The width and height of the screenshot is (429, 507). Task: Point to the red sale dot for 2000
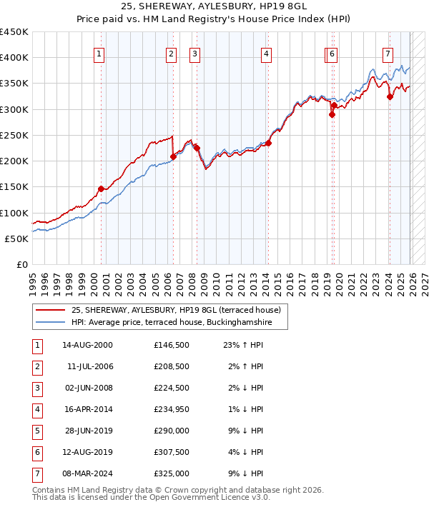101,189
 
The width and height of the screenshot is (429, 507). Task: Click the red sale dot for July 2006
173,156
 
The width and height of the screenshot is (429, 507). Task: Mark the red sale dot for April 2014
268,143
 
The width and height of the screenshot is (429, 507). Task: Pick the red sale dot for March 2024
390,97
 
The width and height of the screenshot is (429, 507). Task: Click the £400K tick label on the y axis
14,58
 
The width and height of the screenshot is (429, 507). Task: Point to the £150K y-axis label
14,187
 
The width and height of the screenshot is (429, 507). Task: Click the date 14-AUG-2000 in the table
87,345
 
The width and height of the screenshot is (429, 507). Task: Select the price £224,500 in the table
171,388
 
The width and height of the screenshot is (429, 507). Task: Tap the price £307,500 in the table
171,452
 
